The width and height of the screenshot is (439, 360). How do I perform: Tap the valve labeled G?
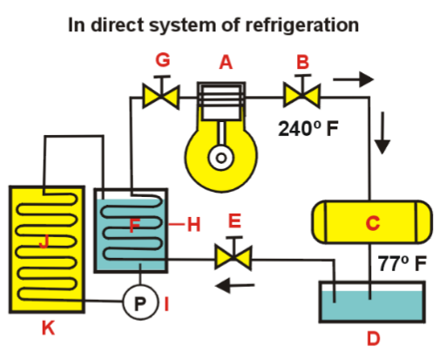[160, 93]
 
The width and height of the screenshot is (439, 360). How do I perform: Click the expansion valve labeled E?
[233, 257]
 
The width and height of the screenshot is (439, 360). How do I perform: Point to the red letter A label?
[226, 63]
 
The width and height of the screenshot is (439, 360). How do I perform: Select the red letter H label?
[193, 225]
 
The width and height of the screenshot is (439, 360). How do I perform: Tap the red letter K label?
[47, 329]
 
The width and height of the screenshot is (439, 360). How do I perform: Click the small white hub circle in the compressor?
[223, 158]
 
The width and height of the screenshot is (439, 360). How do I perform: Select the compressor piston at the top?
[223, 96]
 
